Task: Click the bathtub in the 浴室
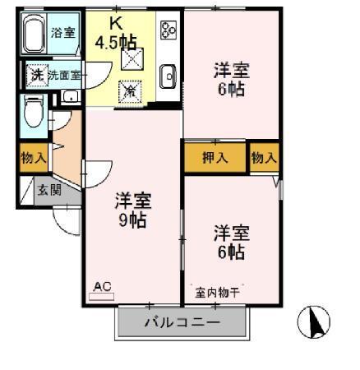35,35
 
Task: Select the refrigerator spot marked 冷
130,90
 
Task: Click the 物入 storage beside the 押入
264,156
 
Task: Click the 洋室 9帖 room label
132,210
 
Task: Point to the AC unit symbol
102,289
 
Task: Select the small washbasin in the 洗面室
69,96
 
